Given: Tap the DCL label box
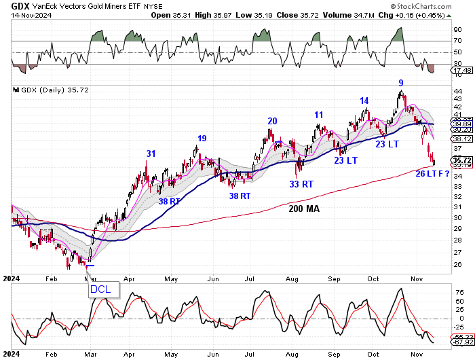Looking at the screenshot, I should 104,290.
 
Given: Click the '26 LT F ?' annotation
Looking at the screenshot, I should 433,174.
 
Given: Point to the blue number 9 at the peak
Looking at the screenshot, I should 402,82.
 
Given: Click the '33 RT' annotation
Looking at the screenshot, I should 302,183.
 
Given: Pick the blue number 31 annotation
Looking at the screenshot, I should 151,154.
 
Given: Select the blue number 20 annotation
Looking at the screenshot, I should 272,121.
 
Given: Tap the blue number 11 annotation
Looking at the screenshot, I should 318,115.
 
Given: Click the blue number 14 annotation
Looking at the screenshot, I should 364,101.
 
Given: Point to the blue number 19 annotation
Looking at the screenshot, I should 202,139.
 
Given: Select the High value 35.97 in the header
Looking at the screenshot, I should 231,14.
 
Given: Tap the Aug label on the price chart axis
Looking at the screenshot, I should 292,278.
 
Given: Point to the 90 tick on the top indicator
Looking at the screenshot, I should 458,30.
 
